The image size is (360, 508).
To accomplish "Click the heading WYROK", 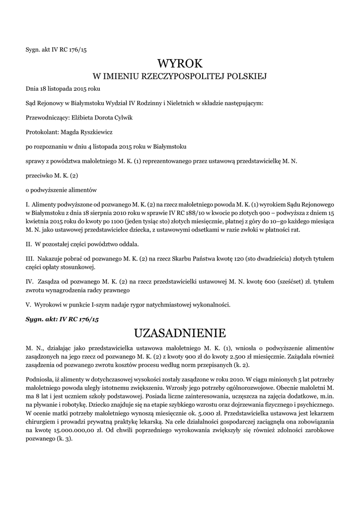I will (180, 63).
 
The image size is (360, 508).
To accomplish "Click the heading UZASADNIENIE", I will (180, 332).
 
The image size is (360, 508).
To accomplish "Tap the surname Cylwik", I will (123, 118).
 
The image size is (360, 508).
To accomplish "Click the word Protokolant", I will (42, 132).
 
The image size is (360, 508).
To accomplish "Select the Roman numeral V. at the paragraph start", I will (28, 304).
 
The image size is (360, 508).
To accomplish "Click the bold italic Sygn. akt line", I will (62, 319).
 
